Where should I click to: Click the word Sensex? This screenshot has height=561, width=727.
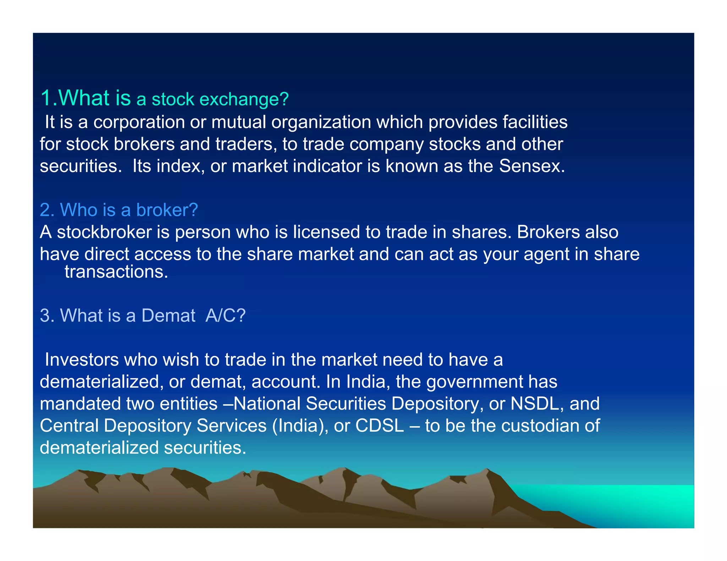(531, 166)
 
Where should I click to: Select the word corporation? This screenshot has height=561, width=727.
(139, 122)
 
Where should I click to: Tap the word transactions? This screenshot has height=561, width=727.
(116, 272)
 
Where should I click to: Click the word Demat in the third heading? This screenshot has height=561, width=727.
(168, 315)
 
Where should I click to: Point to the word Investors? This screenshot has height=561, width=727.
(82, 360)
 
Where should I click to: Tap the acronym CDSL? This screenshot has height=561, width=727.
(379, 426)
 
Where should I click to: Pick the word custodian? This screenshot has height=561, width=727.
(543, 426)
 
